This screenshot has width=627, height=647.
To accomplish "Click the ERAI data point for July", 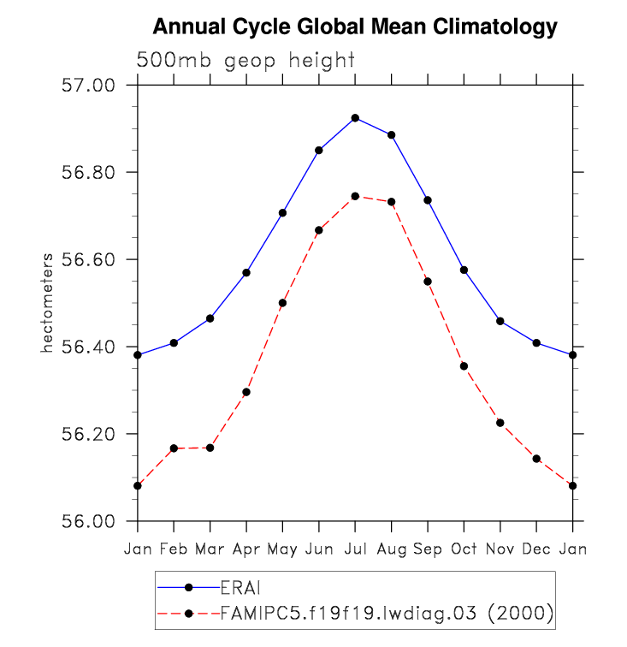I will coord(355,118).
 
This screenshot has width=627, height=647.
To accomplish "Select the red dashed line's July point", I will coord(355,196).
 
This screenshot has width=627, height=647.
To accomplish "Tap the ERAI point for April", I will coord(246,272).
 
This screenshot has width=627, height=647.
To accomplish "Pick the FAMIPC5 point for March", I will coord(210,448).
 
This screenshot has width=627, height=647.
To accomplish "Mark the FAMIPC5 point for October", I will coord(464,366).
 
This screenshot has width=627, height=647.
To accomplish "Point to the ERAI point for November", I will coord(500,321).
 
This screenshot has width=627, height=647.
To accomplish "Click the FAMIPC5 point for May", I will coord(282,303).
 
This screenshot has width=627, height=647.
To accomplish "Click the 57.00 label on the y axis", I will coord(90,86).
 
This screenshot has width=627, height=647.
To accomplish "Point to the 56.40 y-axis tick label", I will coord(90,347).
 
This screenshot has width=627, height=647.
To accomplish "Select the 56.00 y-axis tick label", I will coord(90,521).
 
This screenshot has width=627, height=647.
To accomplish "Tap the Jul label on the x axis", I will coord(355,549).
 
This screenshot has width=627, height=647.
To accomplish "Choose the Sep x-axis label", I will coord(428,549).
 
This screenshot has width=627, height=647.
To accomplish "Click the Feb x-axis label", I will coord(174,549).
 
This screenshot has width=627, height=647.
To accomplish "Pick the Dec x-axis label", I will coord(536,549).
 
